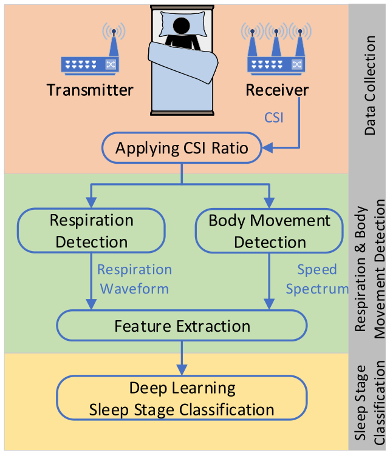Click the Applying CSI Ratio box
(x=182, y=148)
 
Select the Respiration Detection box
(x=92, y=231)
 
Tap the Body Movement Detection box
(x=270, y=231)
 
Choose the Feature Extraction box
(x=182, y=326)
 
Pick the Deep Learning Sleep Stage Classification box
(x=182, y=399)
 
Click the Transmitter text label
(x=90, y=90)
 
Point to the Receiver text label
(x=277, y=90)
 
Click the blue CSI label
(x=273, y=118)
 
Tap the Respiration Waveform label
(x=134, y=279)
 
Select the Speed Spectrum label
(x=316, y=279)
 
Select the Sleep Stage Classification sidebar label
(x=369, y=403)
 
